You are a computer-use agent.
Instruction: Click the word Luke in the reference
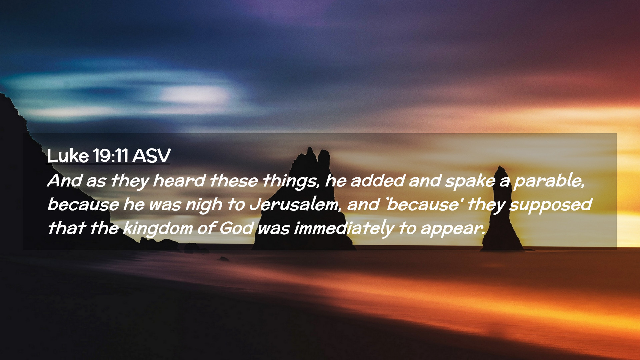[68, 155]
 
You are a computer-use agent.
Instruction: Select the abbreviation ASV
[152, 155]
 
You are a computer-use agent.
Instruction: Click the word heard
[179, 181]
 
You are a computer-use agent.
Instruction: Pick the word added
[378, 181]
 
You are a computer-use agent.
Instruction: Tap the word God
[236, 229]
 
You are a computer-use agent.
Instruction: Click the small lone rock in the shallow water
[224, 259]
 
